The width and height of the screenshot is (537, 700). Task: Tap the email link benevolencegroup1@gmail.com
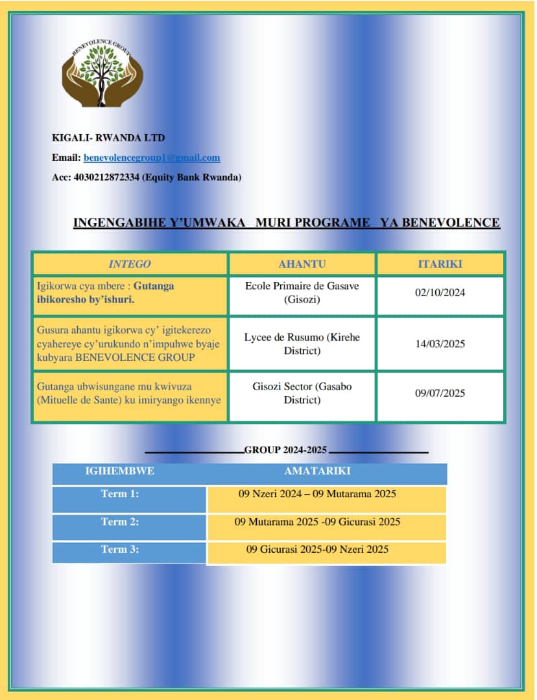[x=152, y=157]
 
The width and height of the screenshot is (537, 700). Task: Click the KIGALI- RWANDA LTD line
[x=108, y=137]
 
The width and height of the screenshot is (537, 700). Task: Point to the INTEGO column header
[x=130, y=264]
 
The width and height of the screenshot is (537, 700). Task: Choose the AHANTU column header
[x=302, y=264]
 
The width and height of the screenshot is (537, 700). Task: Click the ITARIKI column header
[x=440, y=264]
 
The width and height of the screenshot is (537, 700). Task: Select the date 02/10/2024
[x=440, y=293]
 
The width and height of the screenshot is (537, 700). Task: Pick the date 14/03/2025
[x=440, y=344]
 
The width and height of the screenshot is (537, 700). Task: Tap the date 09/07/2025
[x=440, y=393]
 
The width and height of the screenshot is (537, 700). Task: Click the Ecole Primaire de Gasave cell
[x=302, y=292]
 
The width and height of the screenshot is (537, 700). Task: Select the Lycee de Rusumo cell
[x=302, y=344]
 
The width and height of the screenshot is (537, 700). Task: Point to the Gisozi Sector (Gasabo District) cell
[x=302, y=393]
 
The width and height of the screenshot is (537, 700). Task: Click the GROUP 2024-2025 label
[x=285, y=450]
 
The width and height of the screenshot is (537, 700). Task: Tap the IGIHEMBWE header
[x=119, y=471]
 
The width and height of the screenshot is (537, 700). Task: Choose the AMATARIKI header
[x=317, y=471]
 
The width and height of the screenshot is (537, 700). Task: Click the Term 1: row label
[x=120, y=494]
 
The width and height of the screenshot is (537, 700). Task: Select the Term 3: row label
[x=120, y=550]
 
